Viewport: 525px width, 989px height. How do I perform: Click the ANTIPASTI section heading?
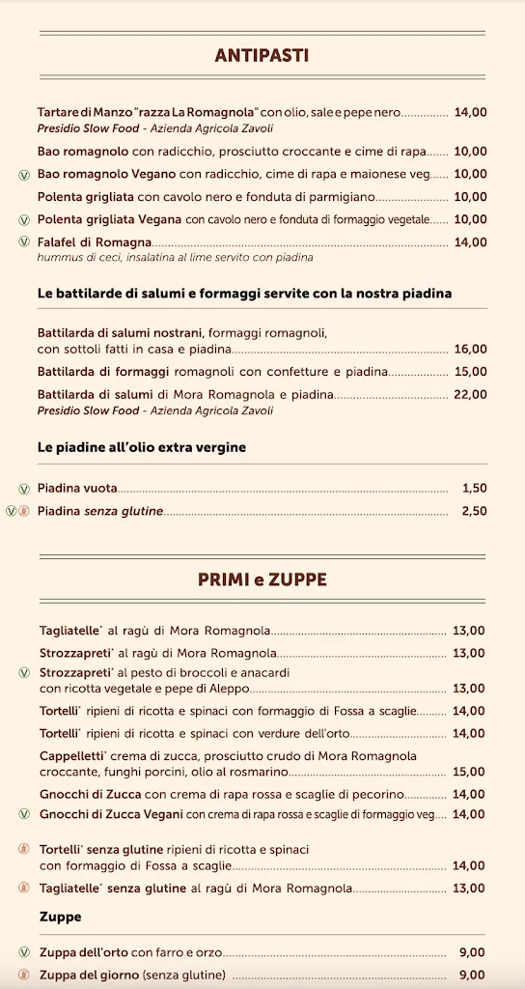(262, 56)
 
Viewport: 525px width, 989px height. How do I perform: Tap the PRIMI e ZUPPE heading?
(262, 579)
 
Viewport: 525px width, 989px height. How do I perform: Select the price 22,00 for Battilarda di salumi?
(470, 394)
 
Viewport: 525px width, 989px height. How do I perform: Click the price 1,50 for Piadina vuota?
(474, 489)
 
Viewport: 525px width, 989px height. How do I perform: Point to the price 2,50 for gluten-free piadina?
(474, 511)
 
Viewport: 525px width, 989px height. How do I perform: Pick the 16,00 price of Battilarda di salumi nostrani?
(470, 349)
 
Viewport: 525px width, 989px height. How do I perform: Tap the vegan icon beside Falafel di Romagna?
(24, 242)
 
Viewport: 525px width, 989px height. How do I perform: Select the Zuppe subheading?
(60, 916)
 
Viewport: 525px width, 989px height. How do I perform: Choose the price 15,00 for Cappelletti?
(469, 772)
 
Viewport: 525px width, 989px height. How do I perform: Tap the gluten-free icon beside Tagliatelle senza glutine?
(24, 889)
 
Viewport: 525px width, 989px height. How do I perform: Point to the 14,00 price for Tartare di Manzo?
(470, 112)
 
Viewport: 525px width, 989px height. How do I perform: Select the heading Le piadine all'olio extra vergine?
(142, 447)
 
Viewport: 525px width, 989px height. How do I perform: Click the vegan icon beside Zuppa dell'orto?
(24, 952)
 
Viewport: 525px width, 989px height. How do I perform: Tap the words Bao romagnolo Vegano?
(106, 174)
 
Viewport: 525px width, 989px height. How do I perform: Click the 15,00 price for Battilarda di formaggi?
(470, 371)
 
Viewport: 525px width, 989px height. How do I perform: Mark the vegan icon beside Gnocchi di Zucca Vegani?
(24, 815)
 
